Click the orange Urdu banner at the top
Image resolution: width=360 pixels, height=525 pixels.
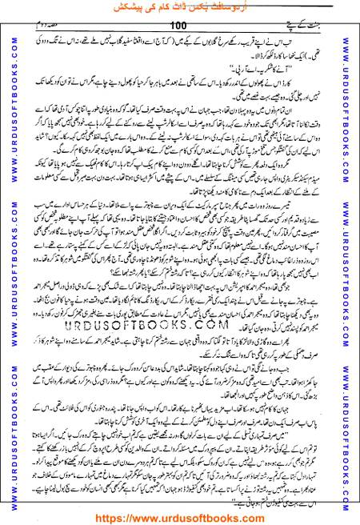[179, 7]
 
